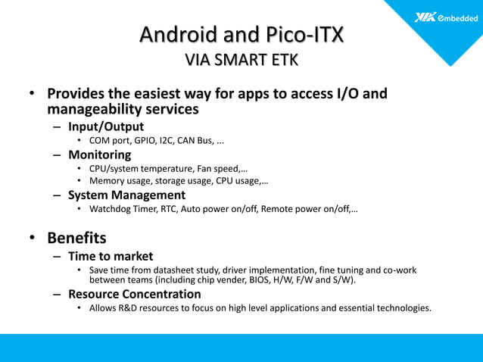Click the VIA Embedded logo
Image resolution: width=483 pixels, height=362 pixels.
click(x=446, y=17)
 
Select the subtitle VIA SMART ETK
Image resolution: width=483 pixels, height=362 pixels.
click(x=241, y=60)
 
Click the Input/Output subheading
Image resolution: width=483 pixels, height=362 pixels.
click(x=106, y=126)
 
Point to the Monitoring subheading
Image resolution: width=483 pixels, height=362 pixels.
click(x=100, y=154)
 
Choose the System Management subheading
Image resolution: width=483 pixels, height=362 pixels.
click(x=126, y=195)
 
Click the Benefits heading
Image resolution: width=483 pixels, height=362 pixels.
click(x=76, y=238)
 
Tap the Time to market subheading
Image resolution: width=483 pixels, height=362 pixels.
click(x=111, y=256)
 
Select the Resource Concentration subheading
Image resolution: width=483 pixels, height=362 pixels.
click(x=135, y=294)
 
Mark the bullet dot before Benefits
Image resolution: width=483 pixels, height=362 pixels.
click(x=33, y=239)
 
